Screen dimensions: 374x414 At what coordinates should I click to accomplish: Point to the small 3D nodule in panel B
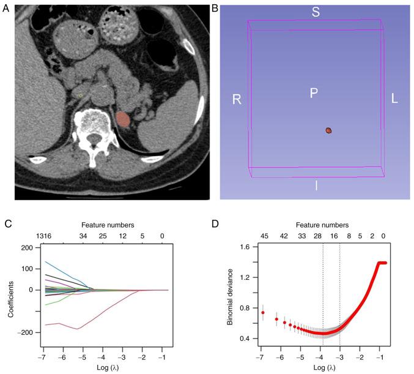(x=329, y=130)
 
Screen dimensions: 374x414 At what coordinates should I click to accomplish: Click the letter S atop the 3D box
(x=316, y=11)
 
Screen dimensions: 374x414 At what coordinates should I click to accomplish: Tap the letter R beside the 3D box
(x=235, y=99)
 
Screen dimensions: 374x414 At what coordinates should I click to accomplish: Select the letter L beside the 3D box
(x=394, y=99)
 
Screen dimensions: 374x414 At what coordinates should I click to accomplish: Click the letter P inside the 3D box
(x=313, y=93)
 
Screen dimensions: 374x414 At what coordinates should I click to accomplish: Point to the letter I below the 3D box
(x=316, y=185)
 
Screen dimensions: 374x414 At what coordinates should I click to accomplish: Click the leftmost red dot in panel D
(x=263, y=313)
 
